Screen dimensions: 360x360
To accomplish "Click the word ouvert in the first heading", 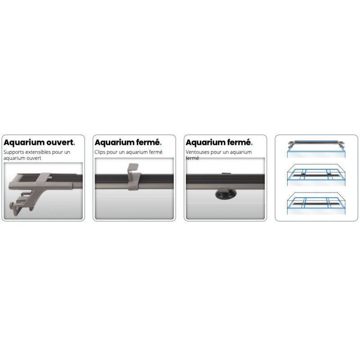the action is point(60,142).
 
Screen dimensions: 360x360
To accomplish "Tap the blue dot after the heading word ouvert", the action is point(74,145).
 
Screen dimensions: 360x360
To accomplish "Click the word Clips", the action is point(100,153).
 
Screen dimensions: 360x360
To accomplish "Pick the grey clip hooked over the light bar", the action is point(134,177).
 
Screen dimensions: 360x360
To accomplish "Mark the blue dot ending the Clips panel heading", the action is point(161,145).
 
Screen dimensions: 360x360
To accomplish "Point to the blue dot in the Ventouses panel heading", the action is point(252,145).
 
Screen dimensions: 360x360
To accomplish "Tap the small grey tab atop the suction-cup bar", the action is point(226,174).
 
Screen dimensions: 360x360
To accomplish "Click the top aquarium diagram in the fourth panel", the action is point(316,149).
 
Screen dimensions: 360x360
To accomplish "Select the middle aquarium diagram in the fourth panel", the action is point(316,175).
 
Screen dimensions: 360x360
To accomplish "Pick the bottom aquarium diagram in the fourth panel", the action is point(316,203).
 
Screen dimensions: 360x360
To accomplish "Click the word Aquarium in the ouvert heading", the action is point(24,143).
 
